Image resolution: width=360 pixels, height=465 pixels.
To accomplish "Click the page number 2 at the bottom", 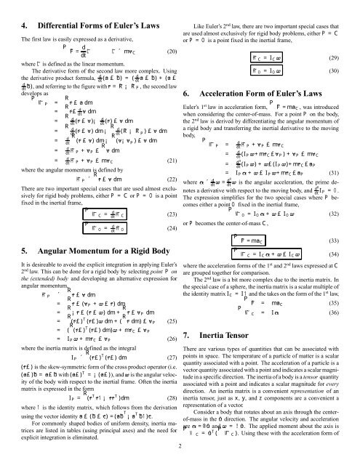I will pyautogui.click(x=180, y=460).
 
